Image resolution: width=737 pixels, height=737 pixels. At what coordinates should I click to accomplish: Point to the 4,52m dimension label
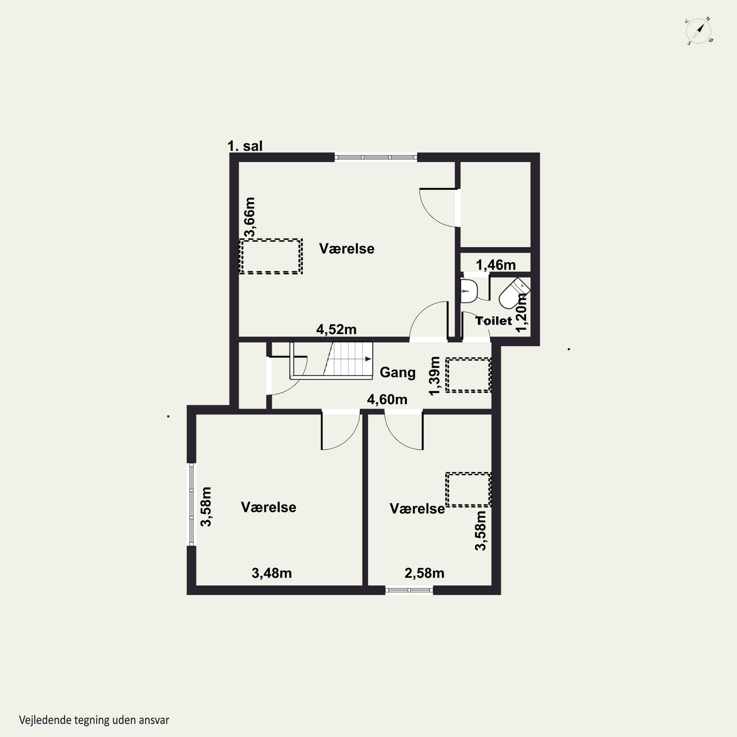[x=336, y=329]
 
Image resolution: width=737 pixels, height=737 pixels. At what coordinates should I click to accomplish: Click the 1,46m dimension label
[x=496, y=265]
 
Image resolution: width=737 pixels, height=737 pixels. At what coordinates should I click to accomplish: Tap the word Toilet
[x=494, y=321]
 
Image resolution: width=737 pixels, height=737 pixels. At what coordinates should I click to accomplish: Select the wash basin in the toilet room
[x=469, y=291]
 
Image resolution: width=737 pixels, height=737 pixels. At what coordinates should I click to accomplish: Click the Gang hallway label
[x=397, y=372]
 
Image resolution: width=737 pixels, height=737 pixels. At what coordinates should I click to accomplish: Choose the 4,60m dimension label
[x=387, y=399]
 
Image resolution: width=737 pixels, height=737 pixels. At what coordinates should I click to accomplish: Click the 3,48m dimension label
[x=272, y=573]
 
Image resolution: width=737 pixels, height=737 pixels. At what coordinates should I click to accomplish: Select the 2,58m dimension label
[x=424, y=573]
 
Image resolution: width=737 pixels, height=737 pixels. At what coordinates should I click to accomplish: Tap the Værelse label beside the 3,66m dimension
[x=347, y=249]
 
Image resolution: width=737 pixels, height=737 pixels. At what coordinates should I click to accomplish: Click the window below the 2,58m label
[x=409, y=590]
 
